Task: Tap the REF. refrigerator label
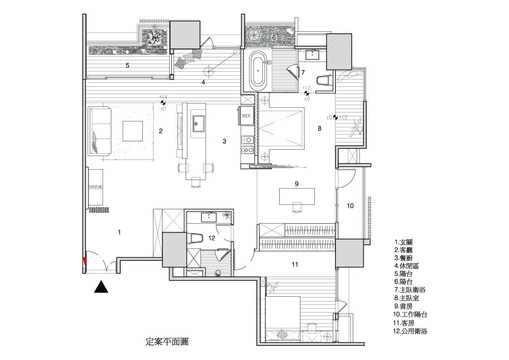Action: click(246, 116)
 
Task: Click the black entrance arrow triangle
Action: click(101, 286)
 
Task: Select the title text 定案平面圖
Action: click(167, 342)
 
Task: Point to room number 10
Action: click(350, 206)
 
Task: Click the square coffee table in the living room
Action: click(133, 131)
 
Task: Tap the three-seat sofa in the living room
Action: click(100, 131)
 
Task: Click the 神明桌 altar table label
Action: click(95, 187)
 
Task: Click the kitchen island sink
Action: click(197, 124)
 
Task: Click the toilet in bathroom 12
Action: click(194, 238)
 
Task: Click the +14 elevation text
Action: click(163, 97)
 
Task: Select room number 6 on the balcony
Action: click(274, 38)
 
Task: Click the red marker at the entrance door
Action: click(84, 262)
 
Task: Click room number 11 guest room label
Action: click(294, 265)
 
